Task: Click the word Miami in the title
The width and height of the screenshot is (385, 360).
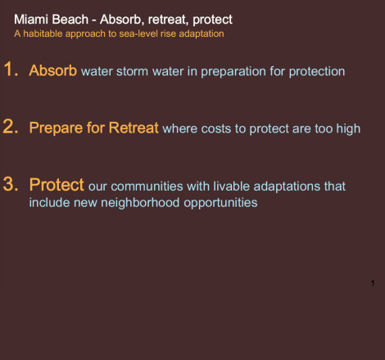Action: coord(31,20)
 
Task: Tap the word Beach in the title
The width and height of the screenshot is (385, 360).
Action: coord(70,20)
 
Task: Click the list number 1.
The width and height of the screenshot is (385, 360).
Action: coord(11,69)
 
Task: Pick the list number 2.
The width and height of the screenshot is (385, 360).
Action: coord(11,127)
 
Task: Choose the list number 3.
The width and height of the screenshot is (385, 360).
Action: coord(11,184)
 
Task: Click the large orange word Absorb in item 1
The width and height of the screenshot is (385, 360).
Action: coord(53,70)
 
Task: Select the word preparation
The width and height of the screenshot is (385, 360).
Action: coord(233,72)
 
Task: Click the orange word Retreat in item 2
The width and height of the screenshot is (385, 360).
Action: coord(134,128)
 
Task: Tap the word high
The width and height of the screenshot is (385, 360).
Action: coord(348,128)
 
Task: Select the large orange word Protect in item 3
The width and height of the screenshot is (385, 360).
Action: coord(57,185)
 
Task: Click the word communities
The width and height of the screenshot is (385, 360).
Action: coord(147,187)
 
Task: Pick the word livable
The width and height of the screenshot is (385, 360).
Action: coord(231,187)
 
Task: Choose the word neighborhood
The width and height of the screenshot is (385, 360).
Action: coord(140,203)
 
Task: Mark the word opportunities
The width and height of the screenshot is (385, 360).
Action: coord(220,203)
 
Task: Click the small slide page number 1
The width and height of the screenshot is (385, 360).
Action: coord(373,283)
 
